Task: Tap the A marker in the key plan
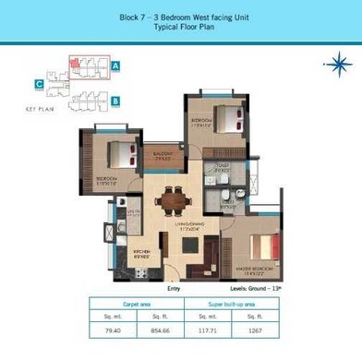click(116, 66)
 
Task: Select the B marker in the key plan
click(116, 101)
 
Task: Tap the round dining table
click(171, 198)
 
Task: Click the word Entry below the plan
click(174, 287)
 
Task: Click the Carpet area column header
click(137, 303)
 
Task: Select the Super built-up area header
click(232, 303)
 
